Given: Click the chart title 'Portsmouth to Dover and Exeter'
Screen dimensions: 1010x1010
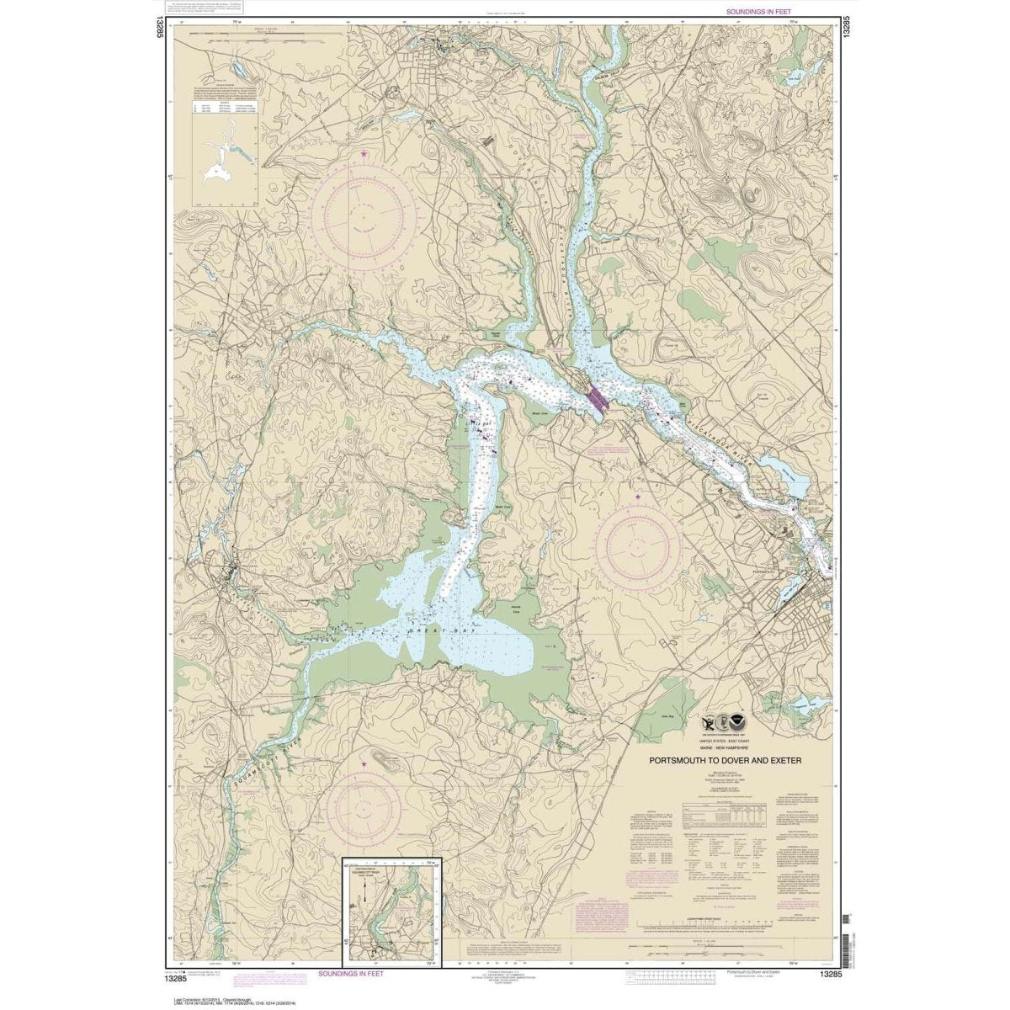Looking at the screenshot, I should click(x=725, y=760).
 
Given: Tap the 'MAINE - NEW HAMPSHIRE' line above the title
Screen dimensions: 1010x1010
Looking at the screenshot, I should click(x=725, y=747).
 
